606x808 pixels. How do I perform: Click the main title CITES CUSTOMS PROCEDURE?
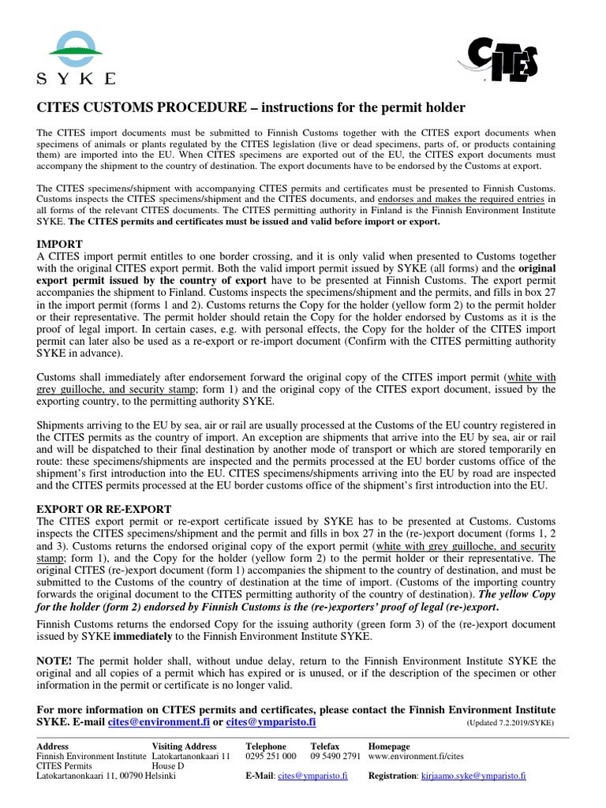click(x=252, y=107)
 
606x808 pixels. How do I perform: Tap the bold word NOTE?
click(x=58, y=660)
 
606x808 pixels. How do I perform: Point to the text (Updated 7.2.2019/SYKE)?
click(x=510, y=722)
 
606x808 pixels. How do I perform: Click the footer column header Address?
click(x=54, y=746)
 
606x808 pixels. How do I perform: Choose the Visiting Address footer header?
click(x=184, y=746)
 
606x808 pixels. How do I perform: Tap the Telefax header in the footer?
click(x=325, y=746)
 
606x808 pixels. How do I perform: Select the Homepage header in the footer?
click(x=389, y=746)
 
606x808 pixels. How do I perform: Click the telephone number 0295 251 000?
click(x=271, y=756)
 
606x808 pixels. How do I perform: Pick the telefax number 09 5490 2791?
click(x=335, y=756)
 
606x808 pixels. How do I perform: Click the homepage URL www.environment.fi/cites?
click(x=416, y=756)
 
